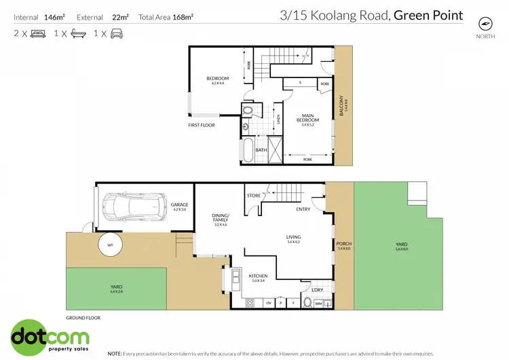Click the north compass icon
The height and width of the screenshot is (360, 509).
[484, 23]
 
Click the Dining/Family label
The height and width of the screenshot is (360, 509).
[221, 217]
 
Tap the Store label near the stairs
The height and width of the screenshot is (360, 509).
[254, 196]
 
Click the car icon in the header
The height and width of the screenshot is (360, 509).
[117, 33]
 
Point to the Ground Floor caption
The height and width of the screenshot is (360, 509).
[83, 317]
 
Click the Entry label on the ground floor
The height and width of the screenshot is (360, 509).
[303, 209]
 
